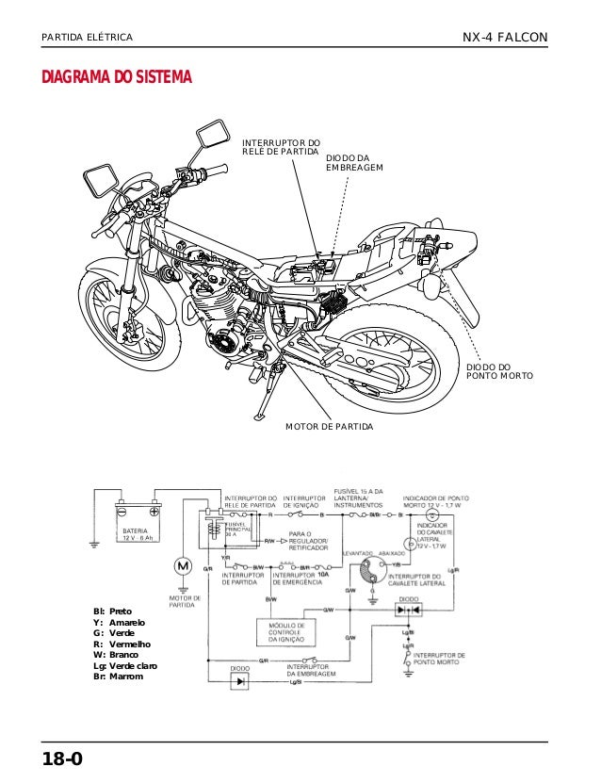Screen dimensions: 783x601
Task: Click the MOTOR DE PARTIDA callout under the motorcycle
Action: (329, 427)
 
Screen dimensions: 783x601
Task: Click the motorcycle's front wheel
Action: (128, 311)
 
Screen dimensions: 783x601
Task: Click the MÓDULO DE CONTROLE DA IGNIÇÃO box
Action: (289, 632)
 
